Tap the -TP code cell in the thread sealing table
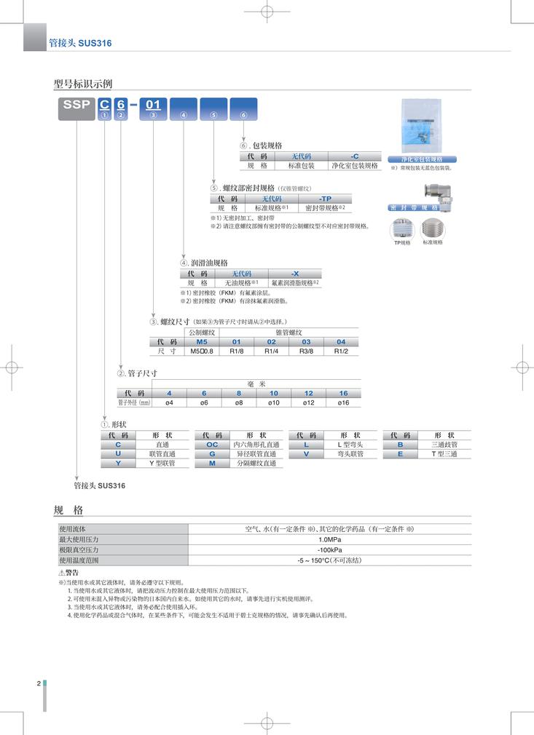click(325, 199)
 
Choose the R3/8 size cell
click(306, 351)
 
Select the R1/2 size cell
click(341, 351)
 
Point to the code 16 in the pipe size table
click(343, 393)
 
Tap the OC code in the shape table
click(212, 444)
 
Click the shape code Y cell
click(118, 463)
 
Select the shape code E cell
click(400, 453)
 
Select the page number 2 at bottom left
click(38, 683)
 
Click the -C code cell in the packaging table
click(355, 156)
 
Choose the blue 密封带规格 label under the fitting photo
click(413, 208)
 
